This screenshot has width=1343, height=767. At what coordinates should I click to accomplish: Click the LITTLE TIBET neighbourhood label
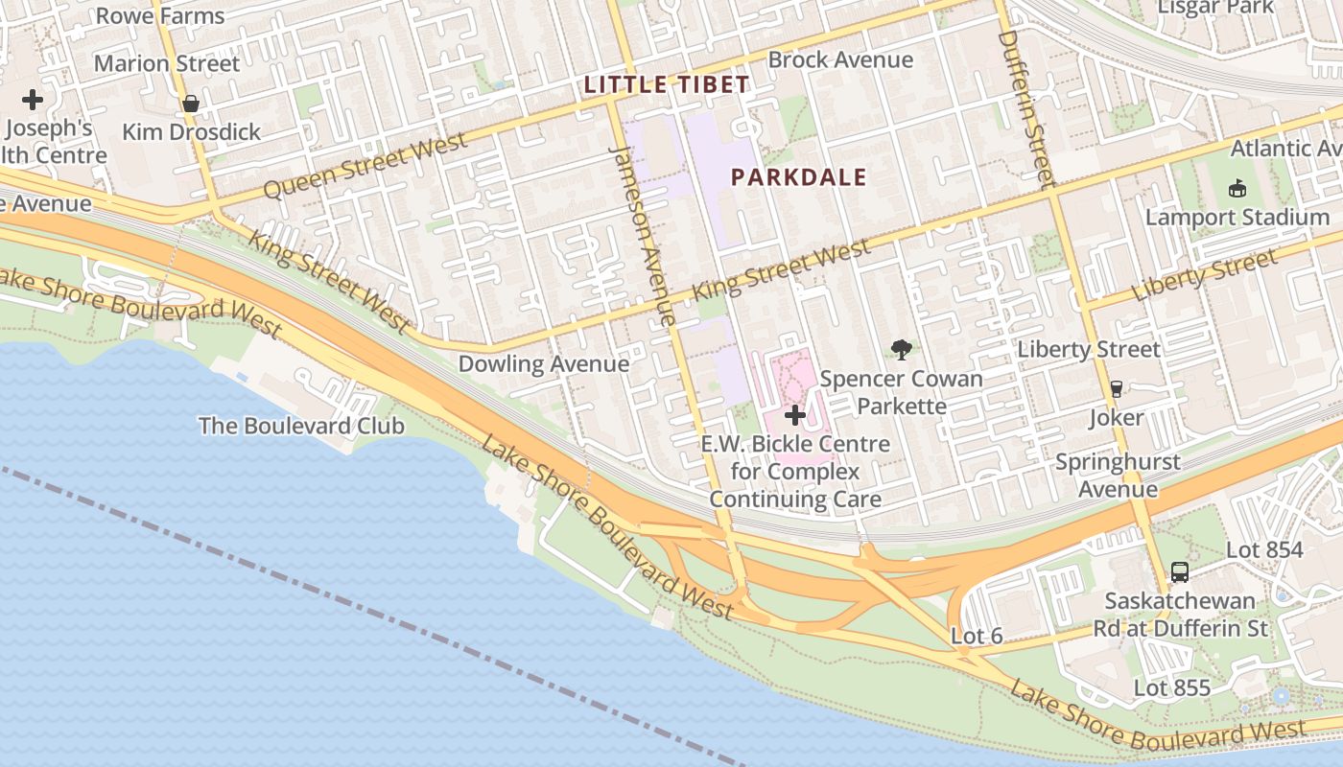coord(666,84)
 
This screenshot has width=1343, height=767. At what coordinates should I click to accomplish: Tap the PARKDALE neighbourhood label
coord(798,177)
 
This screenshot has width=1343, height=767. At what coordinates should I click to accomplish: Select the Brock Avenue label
coord(840,60)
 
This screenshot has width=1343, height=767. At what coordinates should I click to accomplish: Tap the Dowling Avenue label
coord(543,364)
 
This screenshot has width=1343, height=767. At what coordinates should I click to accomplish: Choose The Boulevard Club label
coord(301,426)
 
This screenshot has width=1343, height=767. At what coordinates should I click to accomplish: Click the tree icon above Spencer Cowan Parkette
coord(901,350)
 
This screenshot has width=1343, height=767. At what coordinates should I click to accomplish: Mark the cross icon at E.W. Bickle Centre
coord(795,415)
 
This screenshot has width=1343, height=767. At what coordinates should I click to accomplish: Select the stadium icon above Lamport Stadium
coord(1237,188)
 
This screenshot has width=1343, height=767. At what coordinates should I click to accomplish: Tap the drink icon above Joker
coord(1116,389)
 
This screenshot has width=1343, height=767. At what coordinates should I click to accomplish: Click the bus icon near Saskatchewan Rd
coord(1180,572)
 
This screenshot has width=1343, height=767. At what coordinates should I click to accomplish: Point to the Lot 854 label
coord(1264,550)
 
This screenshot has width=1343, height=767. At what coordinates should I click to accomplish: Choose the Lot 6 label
coord(977,637)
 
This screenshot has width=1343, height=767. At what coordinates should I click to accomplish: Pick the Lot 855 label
coord(1171,688)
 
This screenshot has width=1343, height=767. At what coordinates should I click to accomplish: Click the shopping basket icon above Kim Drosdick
coord(191,104)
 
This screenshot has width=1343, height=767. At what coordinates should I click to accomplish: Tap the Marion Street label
coord(167,64)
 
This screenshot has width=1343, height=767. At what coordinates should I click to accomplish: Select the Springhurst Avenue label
coord(1118,476)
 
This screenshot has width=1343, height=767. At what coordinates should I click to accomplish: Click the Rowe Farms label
coord(160,16)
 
